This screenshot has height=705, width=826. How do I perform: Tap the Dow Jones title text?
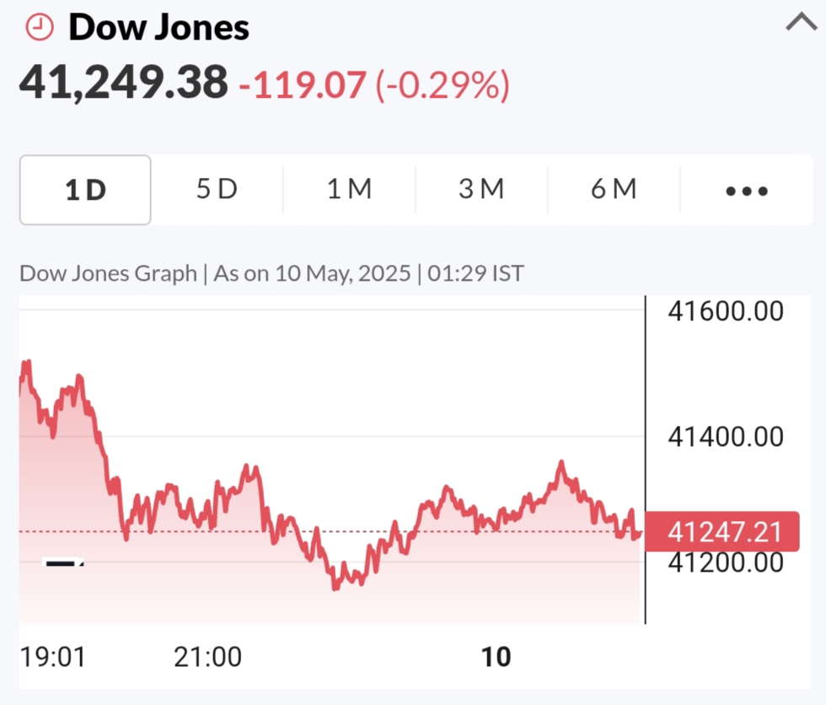click(158, 28)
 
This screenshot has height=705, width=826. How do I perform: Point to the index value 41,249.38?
click(124, 83)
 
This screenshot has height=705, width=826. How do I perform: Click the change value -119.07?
click(303, 84)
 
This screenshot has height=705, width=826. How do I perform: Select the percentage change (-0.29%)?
click(442, 84)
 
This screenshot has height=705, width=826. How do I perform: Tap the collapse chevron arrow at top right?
click(801, 23)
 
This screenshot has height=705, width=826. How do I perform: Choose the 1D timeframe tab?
click(85, 190)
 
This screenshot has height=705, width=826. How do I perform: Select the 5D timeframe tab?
click(217, 190)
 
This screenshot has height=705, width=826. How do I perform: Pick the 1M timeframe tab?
click(349, 190)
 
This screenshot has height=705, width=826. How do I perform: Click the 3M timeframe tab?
click(481, 190)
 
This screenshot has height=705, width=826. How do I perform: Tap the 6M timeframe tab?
click(613, 190)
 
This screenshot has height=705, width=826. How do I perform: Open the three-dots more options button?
click(746, 191)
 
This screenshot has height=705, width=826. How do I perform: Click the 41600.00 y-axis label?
click(726, 311)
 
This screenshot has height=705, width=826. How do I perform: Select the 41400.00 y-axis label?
click(726, 437)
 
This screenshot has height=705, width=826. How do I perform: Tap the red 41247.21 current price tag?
click(722, 532)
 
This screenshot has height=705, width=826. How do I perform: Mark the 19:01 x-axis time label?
click(52, 657)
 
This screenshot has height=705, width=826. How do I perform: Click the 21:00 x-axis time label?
click(208, 657)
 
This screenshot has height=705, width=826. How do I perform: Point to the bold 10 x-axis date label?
click(496, 657)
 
